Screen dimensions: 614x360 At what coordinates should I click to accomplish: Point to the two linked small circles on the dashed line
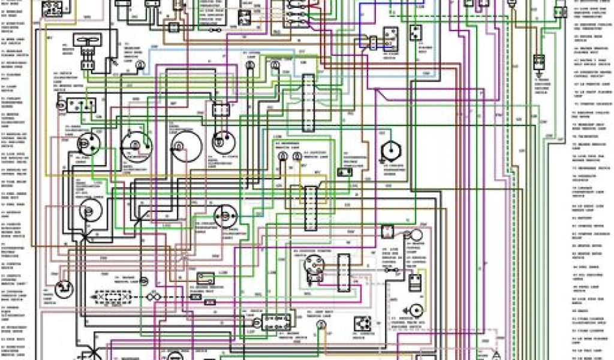155,296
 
